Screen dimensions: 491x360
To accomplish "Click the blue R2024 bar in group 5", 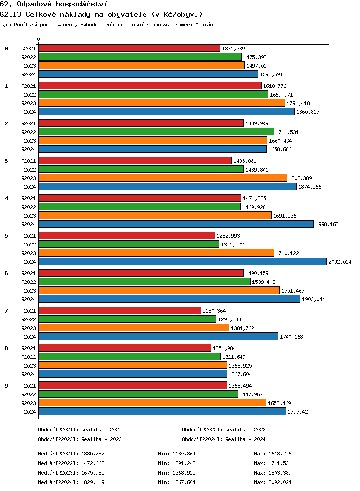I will point(182,261).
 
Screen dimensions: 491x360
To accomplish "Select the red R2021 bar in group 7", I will point(120,310).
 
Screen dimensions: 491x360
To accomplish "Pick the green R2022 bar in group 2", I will point(156,132).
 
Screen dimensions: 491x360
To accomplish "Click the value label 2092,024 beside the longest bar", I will point(340,262).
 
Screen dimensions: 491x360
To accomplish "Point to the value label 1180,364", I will point(214,311).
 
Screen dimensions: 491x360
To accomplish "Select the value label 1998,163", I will point(327,224).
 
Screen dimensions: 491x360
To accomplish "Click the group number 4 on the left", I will point(6,198).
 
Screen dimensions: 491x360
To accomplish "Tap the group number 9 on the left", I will point(6,386).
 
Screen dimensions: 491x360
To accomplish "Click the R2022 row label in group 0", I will point(28,57).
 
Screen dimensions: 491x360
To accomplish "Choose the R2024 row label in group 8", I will point(28,374).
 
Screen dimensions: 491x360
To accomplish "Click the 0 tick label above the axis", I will point(39,39).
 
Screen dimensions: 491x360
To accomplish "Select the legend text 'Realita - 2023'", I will point(101,439).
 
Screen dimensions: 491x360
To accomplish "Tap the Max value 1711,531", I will point(280,463).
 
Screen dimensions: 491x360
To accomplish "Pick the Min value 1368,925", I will point(184,473).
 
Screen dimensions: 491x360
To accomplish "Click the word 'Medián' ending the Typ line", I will point(204,25).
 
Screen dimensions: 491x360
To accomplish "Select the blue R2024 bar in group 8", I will point(132,374).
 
